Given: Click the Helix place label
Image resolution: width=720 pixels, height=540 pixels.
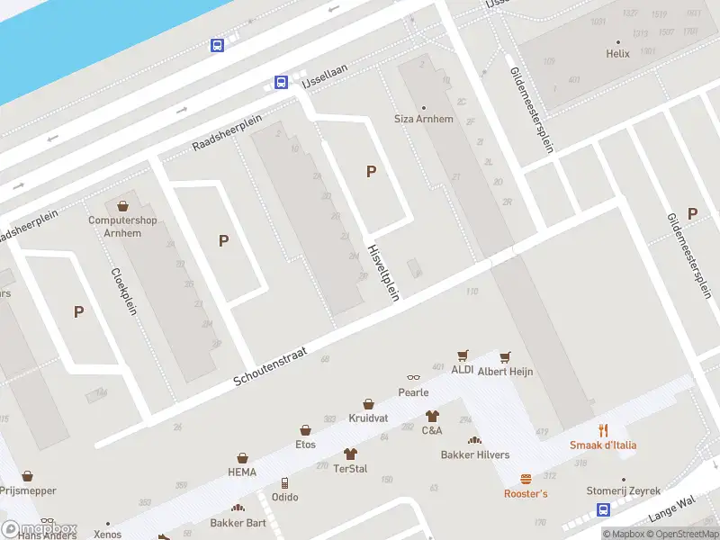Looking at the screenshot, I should tap(617, 53).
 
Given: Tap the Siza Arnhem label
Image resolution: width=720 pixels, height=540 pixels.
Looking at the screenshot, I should tap(424, 119).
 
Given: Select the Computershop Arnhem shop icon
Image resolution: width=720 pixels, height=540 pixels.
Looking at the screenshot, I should tap(123, 207).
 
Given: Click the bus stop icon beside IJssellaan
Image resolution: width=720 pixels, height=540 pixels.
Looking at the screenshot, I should tap(281, 83).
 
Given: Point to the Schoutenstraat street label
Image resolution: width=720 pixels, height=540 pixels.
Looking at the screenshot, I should tap(270, 367).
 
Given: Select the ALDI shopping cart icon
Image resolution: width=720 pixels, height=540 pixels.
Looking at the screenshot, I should tap(463, 356).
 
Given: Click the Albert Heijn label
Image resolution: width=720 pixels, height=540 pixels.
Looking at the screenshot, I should tap(505, 372).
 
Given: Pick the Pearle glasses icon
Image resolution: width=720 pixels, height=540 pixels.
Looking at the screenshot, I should tap(413, 378).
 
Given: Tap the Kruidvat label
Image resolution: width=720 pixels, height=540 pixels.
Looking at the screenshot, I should tap(368, 418).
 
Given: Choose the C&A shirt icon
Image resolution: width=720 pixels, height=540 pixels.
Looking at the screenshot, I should tap(432, 416).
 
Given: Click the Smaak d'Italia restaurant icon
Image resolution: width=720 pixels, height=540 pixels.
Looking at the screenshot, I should tap(603, 430).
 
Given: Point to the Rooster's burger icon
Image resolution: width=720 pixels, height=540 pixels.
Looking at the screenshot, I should tap(526, 479).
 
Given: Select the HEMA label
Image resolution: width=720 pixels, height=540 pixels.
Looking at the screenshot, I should tap(242, 472).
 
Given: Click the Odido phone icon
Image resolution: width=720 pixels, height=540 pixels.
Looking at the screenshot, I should tap(284, 482).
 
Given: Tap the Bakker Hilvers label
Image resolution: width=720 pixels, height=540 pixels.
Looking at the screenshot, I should tap(474, 454).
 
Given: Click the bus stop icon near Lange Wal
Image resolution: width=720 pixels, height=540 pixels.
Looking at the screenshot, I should tap(603, 509).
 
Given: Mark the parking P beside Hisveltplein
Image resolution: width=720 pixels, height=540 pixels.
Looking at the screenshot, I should tap(370, 171).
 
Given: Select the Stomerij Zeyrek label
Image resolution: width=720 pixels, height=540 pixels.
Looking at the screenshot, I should tap(624, 490).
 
